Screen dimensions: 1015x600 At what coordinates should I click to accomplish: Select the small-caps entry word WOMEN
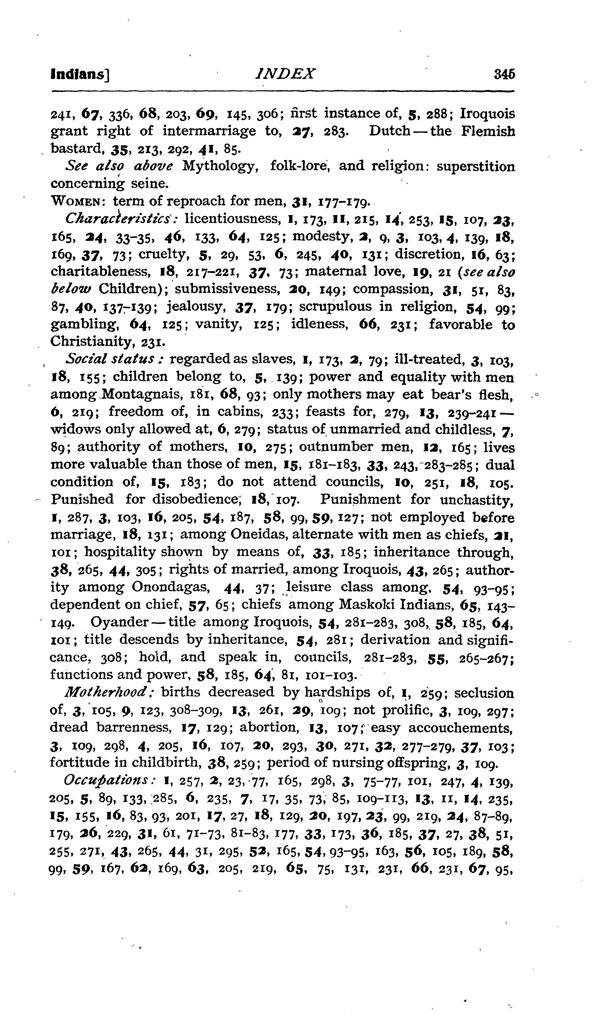tap(77, 201)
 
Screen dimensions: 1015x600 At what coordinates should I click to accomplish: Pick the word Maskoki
tap(368, 605)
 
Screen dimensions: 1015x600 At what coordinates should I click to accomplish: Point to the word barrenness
tap(133, 728)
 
